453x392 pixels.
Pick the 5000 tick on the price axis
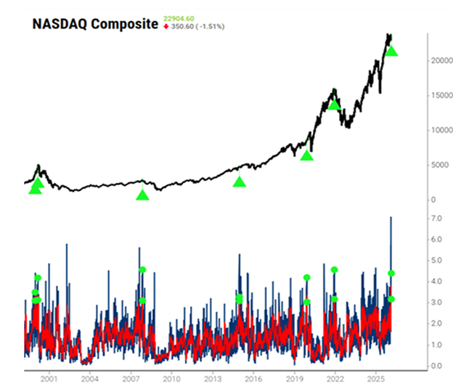click(433, 166)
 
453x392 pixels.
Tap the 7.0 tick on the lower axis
click(436, 219)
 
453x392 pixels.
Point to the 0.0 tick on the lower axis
click(436, 366)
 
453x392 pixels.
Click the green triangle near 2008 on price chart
click(142, 195)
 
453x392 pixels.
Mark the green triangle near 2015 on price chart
click(240, 181)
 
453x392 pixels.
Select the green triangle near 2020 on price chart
click(307, 155)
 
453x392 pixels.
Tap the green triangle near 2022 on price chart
click(334, 105)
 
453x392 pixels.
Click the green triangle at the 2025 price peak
click(391, 51)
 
